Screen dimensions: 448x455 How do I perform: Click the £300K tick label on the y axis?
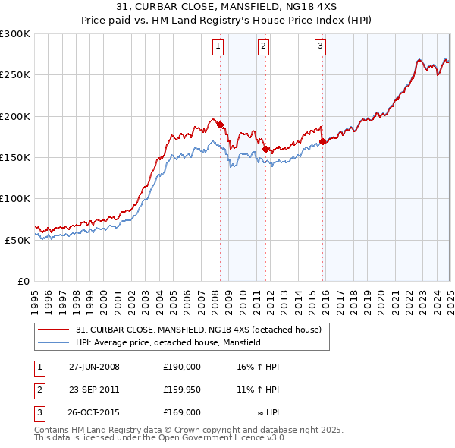click(15, 34)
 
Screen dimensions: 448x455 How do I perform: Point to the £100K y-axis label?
click(15, 198)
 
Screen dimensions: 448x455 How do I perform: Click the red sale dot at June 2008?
click(221, 125)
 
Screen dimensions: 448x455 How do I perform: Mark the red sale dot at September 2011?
click(266, 150)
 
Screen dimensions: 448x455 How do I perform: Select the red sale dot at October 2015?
click(323, 141)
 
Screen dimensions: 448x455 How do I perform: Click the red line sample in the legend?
click(54, 330)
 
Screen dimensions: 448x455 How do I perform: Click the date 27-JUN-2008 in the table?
click(94, 367)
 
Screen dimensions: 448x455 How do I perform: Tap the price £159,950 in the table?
click(182, 390)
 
